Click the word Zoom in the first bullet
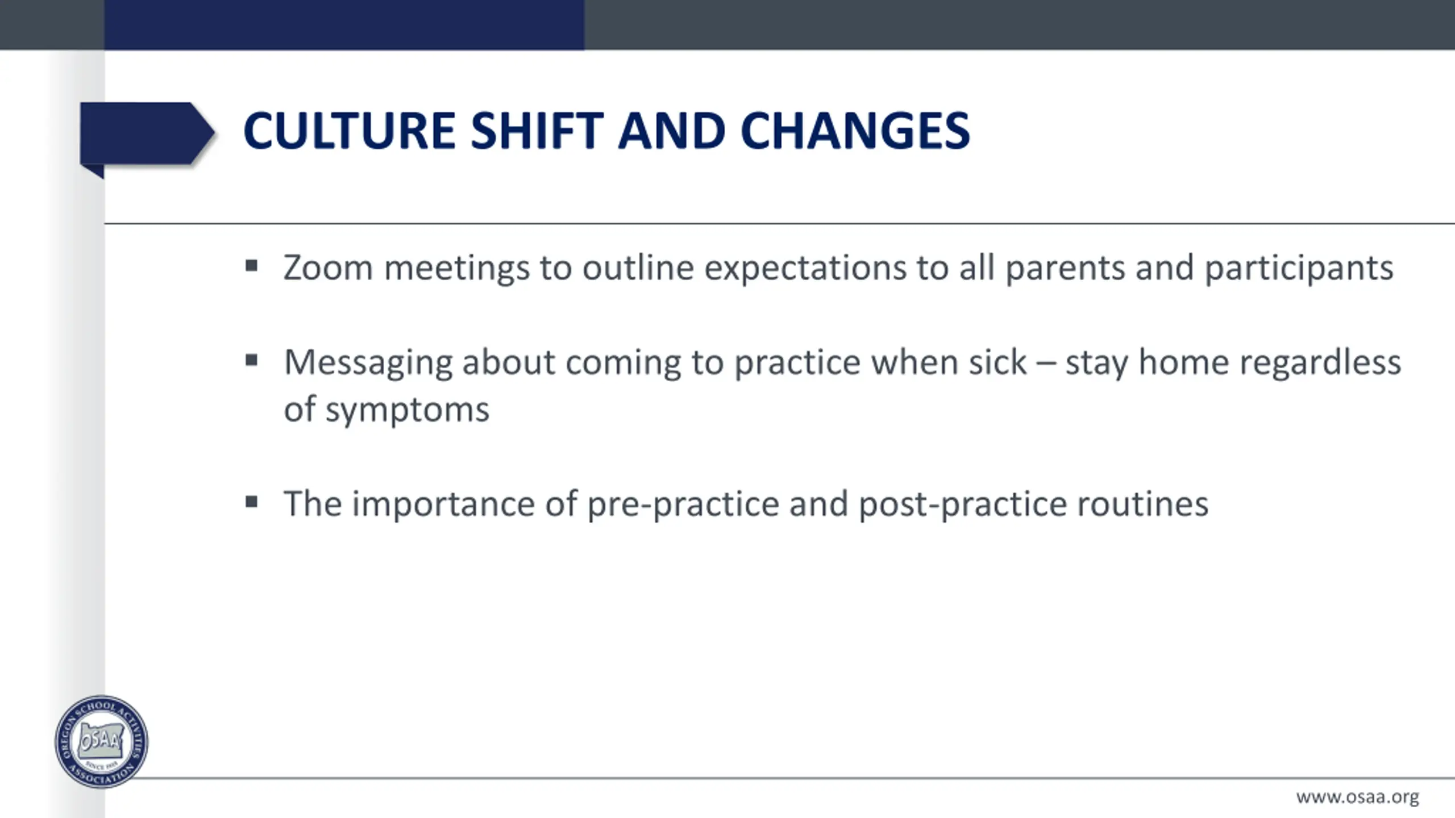329,268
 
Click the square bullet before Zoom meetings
252,266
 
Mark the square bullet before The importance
252,502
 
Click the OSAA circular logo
102,741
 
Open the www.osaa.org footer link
1357,798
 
